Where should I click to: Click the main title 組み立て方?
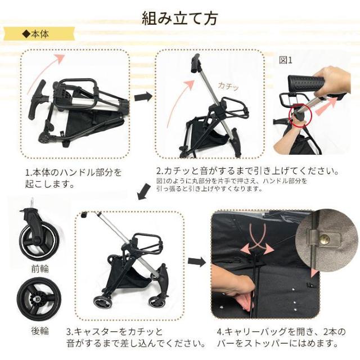180,19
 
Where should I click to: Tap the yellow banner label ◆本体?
36,34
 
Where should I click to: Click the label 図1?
285,60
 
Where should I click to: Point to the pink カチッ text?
228,86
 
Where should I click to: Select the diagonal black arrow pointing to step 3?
144,191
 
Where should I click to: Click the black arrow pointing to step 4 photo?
197,261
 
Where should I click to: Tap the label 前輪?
40,268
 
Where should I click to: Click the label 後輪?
40,331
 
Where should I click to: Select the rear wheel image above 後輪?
39,299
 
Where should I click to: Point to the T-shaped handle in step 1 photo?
37,99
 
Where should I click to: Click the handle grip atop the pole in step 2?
195,63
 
